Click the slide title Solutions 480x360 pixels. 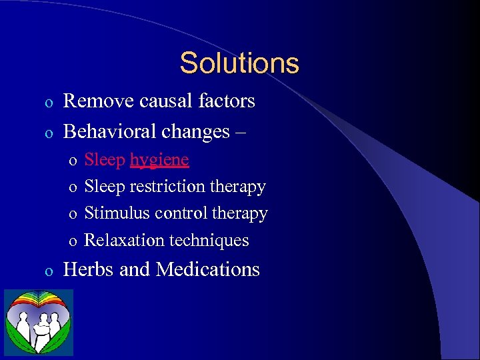[239, 63]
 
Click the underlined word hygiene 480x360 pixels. [159, 161]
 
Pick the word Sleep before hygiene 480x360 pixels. [105, 160]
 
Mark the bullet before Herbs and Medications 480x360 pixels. [47, 271]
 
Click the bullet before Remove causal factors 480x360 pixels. [47, 103]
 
